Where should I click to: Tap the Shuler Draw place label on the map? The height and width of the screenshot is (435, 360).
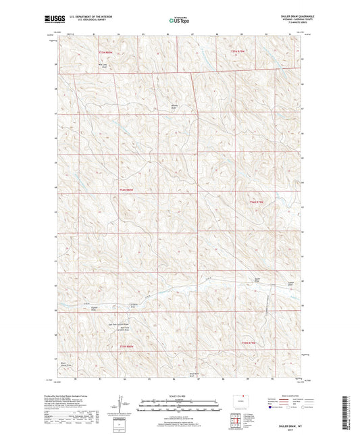257,279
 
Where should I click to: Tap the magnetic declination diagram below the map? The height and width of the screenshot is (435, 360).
120,404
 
